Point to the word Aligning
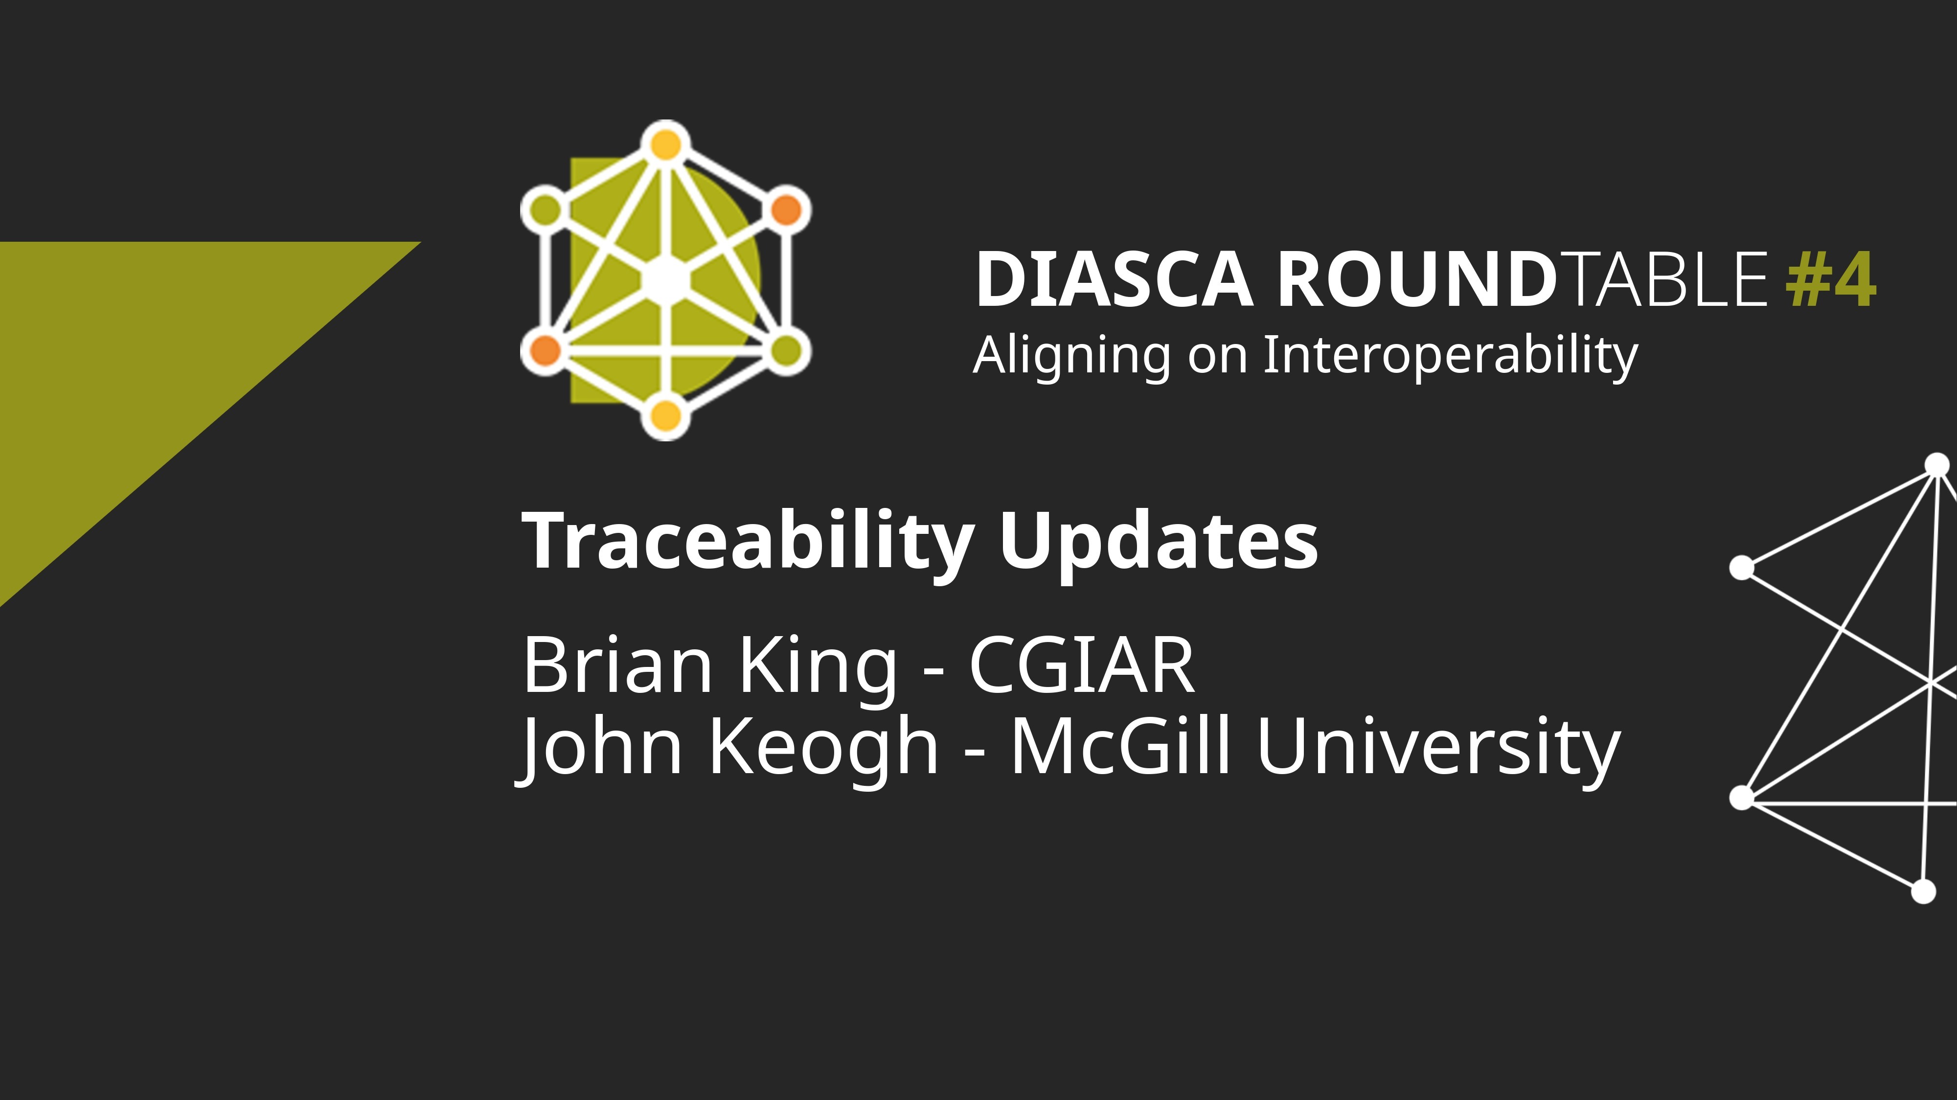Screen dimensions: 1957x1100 click(1071, 356)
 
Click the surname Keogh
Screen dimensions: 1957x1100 click(823, 748)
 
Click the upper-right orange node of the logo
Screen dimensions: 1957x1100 click(786, 209)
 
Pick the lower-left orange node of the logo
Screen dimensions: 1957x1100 click(545, 351)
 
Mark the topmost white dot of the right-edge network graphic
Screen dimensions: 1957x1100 click(1938, 464)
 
